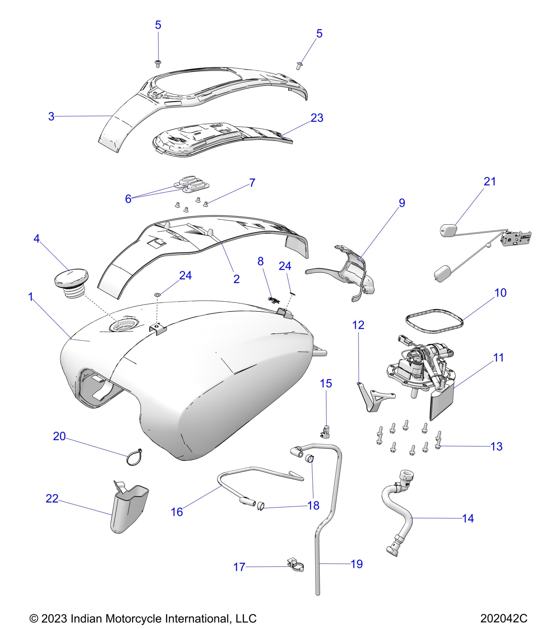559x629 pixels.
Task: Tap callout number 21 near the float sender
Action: tap(490, 181)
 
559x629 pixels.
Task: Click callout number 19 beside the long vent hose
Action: tap(357, 564)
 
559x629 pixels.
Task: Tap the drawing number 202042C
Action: tap(504, 618)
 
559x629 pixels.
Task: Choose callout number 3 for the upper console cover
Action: tap(51, 116)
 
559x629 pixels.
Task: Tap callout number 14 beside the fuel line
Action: tap(468, 518)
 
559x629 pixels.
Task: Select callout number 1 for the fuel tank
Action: tap(31, 297)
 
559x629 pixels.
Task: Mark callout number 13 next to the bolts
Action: tap(496, 446)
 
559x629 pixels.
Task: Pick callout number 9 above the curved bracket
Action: tap(402, 203)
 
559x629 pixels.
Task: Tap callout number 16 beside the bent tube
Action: tap(177, 512)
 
